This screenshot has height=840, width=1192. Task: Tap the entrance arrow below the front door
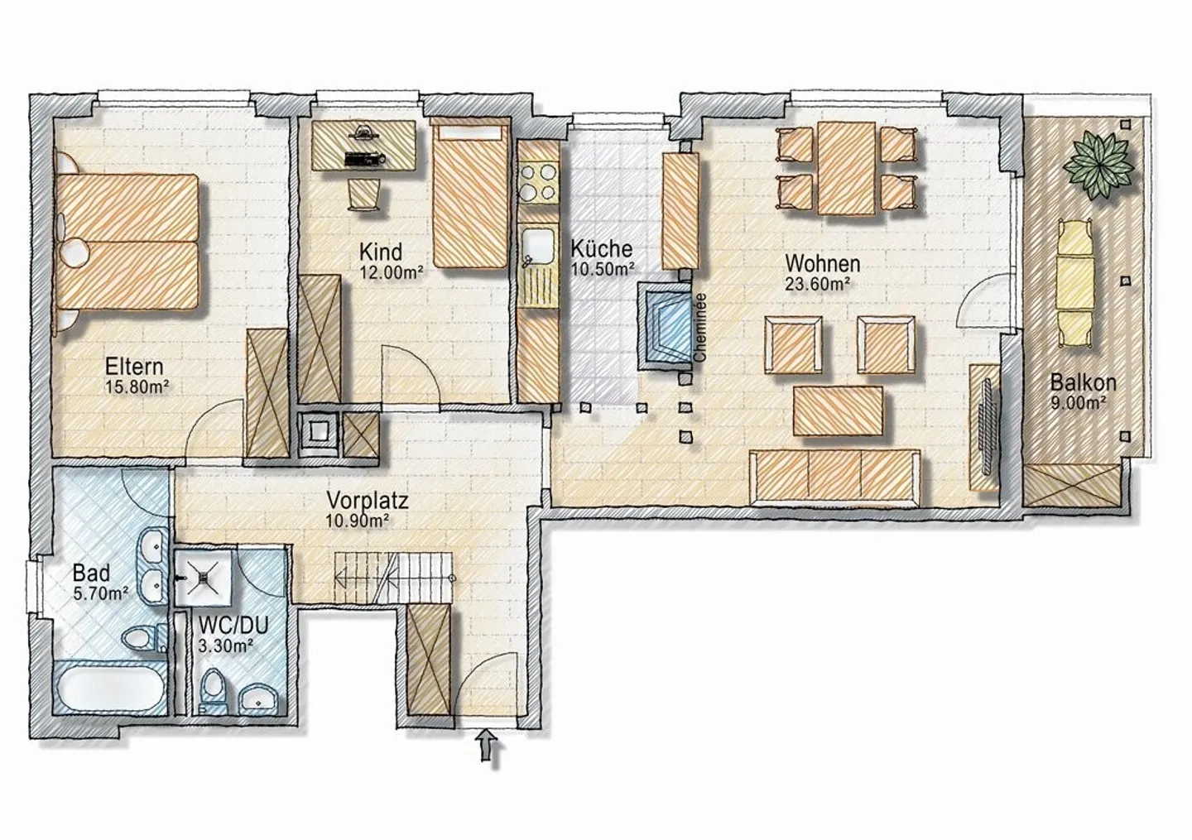click(x=487, y=744)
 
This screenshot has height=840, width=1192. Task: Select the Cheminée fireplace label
click(x=700, y=329)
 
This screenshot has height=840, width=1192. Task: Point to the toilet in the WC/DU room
click(x=214, y=689)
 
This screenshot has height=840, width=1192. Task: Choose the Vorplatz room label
click(x=368, y=501)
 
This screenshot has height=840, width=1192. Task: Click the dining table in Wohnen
click(x=847, y=168)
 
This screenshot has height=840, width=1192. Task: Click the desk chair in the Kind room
click(x=365, y=194)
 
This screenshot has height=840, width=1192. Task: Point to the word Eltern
click(x=134, y=367)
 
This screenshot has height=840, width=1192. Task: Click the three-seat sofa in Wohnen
click(x=835, y=478)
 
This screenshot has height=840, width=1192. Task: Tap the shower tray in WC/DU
click(x=204, y=576)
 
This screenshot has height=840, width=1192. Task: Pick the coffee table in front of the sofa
click(x=838, y=411)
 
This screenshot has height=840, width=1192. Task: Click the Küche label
click(x=601, y=249)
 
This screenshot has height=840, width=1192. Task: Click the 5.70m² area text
click(x=101, y=593)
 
